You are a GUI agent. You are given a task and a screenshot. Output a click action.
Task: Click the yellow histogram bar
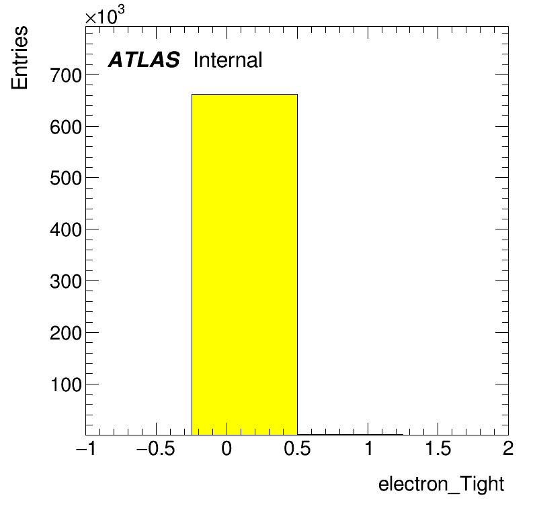coord(244,264)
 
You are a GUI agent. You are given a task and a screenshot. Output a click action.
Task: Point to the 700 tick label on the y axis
coord(66,75)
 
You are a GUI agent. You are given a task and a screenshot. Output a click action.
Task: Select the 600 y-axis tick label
coord(66,127)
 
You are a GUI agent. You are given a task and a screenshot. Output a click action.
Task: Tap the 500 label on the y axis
coord(66,178)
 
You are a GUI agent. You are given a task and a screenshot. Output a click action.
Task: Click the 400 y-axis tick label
coord(66,230)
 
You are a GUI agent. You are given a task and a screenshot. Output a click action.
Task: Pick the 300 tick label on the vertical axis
coord(66,282)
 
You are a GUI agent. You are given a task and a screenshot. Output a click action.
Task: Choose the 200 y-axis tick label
coord(66,333)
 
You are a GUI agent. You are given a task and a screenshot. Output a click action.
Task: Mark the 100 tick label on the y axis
coord(66,385)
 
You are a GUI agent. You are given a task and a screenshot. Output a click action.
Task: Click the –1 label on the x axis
coord(86,448)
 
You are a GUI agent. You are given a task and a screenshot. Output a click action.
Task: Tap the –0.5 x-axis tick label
coord(155,448)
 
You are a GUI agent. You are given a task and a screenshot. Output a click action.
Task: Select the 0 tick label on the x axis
coord(227,448)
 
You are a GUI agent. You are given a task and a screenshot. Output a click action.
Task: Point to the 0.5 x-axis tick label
coord(297,448)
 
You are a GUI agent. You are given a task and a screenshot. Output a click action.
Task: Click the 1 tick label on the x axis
coord(368,448)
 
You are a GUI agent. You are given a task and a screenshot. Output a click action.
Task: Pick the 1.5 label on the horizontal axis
coord(438,448)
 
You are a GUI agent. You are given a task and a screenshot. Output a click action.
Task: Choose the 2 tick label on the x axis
coord(508,448)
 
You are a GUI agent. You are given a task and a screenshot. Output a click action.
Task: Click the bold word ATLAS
coord(144,60)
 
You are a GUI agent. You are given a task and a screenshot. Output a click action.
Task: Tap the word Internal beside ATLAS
coord(228,60)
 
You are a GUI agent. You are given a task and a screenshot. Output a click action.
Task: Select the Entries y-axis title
coord(19,58)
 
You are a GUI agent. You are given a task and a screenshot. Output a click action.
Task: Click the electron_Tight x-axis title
coord(441,484)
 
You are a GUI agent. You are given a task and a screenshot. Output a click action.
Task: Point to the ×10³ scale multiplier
coord(105,15)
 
